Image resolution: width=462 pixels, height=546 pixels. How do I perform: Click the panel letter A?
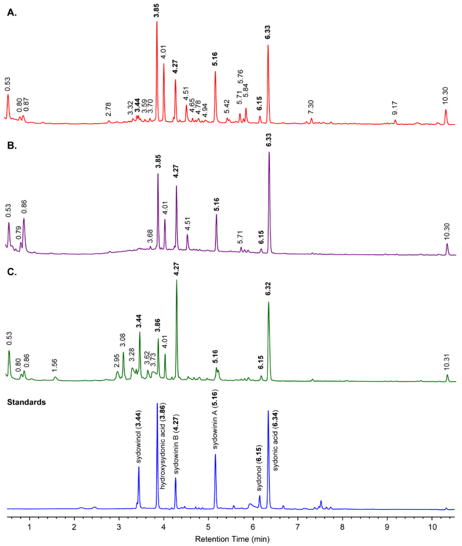(x=12, y=13)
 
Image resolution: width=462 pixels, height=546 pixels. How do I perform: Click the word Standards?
(x=26, y=402)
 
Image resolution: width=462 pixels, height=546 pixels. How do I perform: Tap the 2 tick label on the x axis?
(x=74, y=527)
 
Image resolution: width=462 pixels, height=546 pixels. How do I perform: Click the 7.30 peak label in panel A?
(x=310, y=107)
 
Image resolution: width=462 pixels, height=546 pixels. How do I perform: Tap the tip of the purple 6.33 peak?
(x=269, y=152)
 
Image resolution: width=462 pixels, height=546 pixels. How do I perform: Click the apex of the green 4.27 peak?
(x=176, y=280)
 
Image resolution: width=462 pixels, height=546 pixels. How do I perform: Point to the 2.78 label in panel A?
(x=108, y=110)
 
